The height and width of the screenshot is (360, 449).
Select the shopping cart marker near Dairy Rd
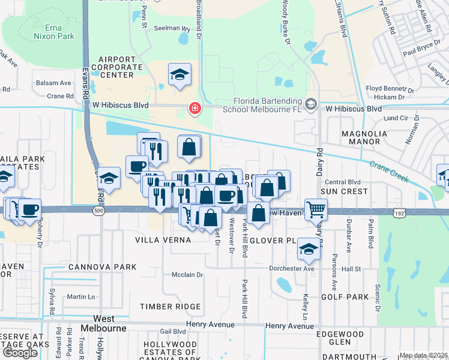316,210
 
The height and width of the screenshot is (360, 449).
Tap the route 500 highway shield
97,211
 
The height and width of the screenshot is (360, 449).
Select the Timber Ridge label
170,307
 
